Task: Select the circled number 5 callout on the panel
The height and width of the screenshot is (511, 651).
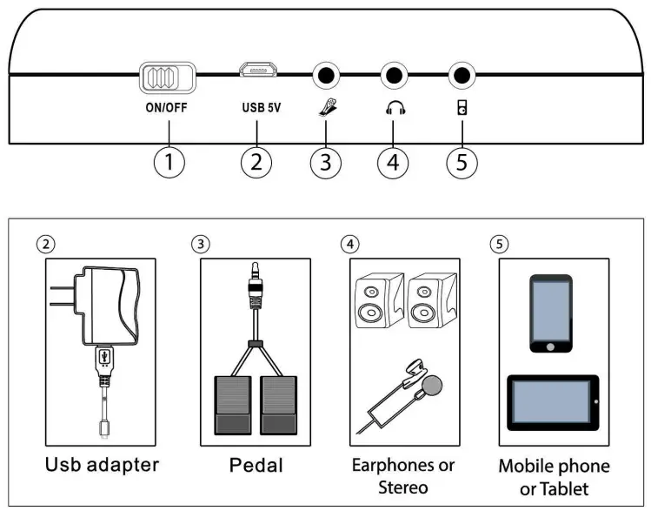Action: coord(462,162)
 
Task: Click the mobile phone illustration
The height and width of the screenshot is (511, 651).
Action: coord(551,313)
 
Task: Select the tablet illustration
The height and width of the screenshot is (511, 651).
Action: coord(553,403)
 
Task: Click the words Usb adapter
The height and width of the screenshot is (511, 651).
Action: coord(102,464)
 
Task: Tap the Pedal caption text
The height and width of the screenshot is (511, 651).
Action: coord(256,465)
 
